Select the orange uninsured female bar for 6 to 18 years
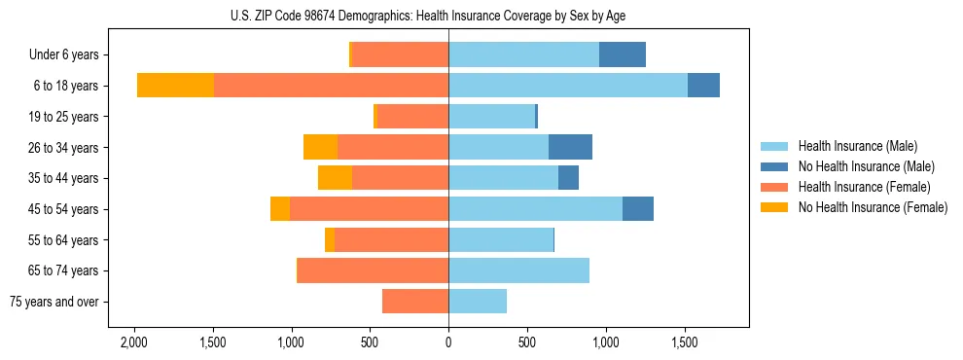pos(175,86)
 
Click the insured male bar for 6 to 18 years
pos(568,86)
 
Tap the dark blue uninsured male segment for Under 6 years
pos(623,54)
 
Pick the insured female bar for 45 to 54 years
pos(369,209)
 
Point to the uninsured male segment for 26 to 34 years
pos(570,147)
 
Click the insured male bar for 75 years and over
pos(478,302)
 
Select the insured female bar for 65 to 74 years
pos(373,270)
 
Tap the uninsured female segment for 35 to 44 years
pos(335,178)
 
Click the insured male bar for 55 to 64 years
pos(501,239)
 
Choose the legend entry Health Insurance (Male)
pos(857,146)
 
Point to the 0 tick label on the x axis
pos(448,342)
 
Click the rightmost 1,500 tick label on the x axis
pos(685,342)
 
